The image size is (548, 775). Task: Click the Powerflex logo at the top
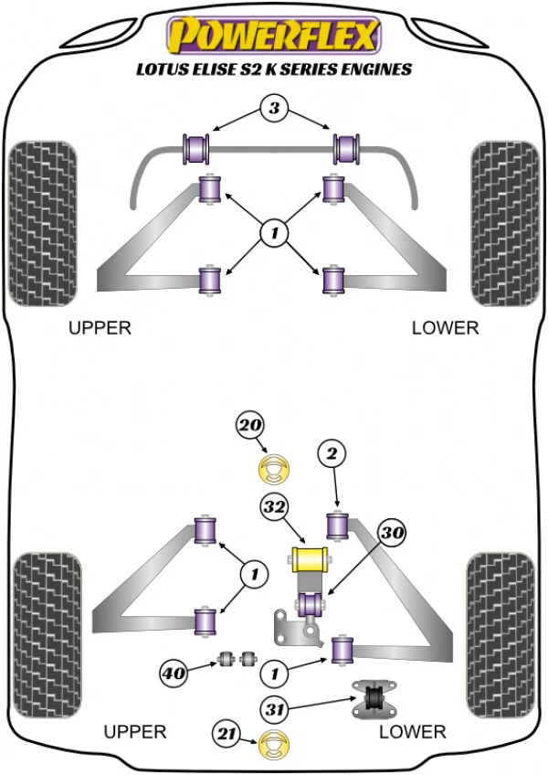273,37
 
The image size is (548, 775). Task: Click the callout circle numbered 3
272,110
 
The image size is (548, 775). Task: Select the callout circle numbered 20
249,426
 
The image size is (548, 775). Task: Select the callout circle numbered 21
227,733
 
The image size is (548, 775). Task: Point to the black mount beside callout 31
372,699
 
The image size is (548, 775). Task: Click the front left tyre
42,224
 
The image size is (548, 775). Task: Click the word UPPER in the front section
100,328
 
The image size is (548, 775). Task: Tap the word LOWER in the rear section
413,731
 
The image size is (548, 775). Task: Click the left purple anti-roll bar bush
197,145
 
